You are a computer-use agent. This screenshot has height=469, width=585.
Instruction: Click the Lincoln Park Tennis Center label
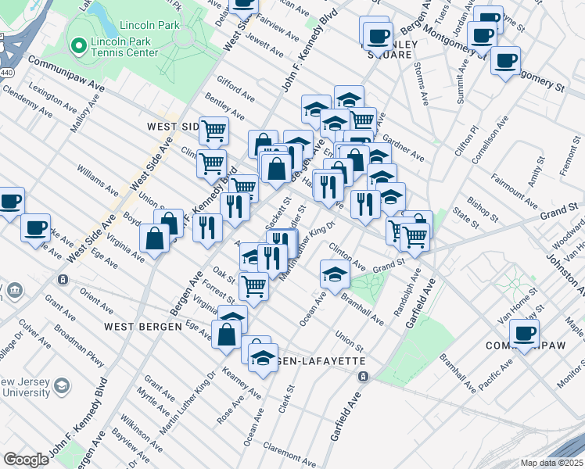click(124, 46)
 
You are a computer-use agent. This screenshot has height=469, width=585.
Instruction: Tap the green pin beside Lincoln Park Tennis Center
click(77, 46)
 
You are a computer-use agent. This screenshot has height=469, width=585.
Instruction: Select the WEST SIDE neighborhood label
click(171, 126)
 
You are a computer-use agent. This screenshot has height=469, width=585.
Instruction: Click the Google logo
click(26, 460)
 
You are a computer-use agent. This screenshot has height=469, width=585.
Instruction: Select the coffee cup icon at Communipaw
click(524, 333)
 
